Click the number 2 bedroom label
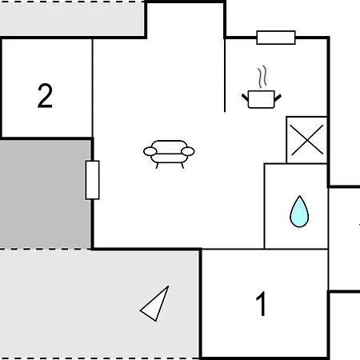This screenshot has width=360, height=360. (x=45, y=95)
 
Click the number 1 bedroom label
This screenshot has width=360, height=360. (x=262, y=303)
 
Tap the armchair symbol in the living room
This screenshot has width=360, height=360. (x=169, y=154)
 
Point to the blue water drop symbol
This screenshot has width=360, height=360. (x=299, y=212)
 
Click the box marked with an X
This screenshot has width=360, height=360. (x=306, y=140)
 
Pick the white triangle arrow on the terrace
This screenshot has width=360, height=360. (x=155, y=304)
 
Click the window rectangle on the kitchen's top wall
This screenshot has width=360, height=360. (x=276, y=38)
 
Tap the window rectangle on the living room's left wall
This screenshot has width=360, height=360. (x=92, y=180)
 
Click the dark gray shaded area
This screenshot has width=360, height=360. (x=46, y=194)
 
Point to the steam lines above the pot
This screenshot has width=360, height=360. (x=262, y=77)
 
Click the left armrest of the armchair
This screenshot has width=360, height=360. (x=150, y=151)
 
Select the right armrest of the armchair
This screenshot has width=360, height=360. (x=188, y=151)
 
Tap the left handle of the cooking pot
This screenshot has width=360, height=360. (x=245, y=98)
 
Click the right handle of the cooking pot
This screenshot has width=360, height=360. (x=278, y=98)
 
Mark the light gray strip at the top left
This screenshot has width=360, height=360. (x=72, y=19)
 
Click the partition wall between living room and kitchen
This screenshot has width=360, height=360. (x=225, y=75)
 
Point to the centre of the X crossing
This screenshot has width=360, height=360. (x=306, y=140)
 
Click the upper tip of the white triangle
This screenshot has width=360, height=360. (x=169, y=286)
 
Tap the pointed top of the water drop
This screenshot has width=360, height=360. (x=300, y=196)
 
